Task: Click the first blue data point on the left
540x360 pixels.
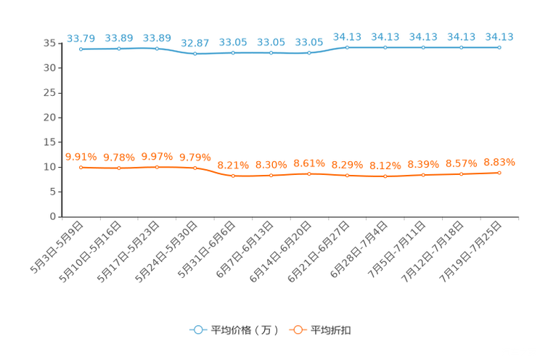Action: [x=81, y=49]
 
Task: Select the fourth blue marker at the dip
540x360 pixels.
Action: [x=195, y=54]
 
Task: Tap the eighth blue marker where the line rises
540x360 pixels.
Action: [x=348, y=47]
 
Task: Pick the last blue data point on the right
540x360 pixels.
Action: [x=499, y=47]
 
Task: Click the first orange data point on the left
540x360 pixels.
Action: [x=81, y=167]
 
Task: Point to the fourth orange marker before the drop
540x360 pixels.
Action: [x=195, y=168]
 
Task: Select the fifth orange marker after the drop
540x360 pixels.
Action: [x=233, y=176]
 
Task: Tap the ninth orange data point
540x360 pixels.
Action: [x=385, y=176]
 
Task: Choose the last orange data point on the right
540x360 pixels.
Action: [x=499, y=172]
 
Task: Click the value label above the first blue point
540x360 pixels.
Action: [x=81, y=38]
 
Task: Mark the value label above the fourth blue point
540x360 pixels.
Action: [x=195, y=42]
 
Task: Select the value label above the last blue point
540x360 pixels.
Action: [x=499, y=36]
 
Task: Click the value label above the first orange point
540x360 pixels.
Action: [x=81, y=156]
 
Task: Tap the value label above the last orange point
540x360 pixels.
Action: [x=499, y=162]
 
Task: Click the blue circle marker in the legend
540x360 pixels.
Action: [x=197, y=330]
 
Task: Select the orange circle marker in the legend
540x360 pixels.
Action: [x=298, y=330]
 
